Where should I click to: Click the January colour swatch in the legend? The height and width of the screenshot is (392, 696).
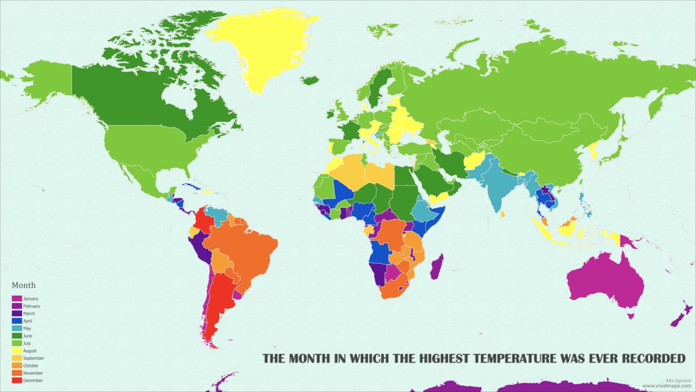(x=17, y=299)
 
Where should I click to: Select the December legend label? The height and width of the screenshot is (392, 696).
(x=33, y=381)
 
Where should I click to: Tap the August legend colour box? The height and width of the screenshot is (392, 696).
(x=17, y=351)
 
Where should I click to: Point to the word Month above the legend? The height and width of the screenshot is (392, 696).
(x=24, y=285)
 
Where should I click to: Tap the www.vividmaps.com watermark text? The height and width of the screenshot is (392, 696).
(x=667, y=386)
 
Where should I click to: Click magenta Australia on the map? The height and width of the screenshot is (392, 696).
(x=605, y=281)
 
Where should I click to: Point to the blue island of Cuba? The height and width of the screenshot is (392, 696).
(x=190, y=187)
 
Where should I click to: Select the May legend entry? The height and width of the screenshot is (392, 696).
(x=27, y=328)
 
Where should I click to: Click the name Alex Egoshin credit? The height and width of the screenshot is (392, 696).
(x=678, y=381)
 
